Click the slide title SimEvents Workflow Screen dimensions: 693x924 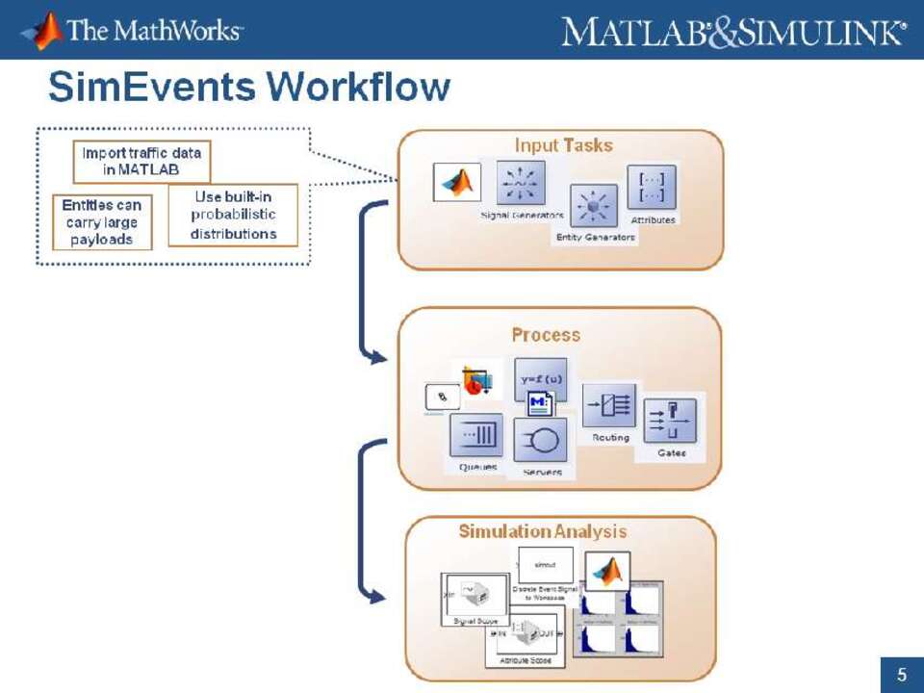[x=248, y=89]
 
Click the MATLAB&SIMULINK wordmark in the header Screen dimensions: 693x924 [x=733, y=32]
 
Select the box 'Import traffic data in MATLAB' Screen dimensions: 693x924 [x=141, y=162]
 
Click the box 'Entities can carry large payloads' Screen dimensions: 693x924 [x=101, y=222]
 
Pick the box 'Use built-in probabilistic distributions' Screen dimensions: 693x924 [x=233, y=216]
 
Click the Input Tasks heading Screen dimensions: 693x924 [x=563, y=145]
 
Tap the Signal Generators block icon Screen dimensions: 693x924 [x=521, y=183]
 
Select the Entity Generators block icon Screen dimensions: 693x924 [x=594, y=206]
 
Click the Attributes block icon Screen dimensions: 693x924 [x=652, y=187]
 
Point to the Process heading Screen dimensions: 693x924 [x=546, y=335]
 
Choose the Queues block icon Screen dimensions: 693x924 [x=475, y=436]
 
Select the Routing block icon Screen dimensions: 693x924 [x=609, y=405]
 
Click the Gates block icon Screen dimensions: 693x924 [x=670, y=421]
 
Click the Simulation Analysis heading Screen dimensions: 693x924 [x=542, y=531]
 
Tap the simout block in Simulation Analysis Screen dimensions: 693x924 [x=545, y=565]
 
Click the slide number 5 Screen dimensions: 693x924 [x=902, y=675]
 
